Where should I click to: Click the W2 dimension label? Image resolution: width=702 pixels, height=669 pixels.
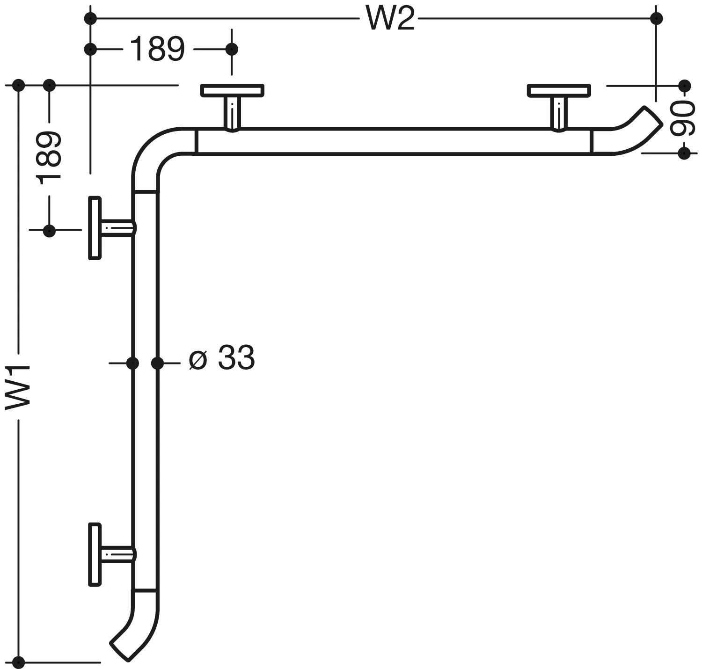[390, 19]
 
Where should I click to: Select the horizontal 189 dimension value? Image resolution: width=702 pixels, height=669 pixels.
[157, 49]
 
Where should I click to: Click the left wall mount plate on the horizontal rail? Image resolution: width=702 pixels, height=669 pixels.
[232, 90]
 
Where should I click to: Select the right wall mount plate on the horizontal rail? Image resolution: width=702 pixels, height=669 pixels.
[558, 90]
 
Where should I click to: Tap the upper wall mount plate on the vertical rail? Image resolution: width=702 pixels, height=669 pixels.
[95, 228]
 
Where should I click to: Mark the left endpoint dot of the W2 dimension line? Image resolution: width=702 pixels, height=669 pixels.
[91, 19]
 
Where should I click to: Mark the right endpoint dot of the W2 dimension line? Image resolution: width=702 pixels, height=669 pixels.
[656, 19]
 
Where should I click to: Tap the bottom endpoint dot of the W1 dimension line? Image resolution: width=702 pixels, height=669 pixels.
[19, 662]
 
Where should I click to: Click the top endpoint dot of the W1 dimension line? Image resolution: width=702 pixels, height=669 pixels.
[19, 85]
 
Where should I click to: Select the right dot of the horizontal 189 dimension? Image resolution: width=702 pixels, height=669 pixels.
[232, 49]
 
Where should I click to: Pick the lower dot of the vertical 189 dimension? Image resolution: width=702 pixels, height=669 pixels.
[49, 230]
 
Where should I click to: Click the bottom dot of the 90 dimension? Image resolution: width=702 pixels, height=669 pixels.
[684, 153]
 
